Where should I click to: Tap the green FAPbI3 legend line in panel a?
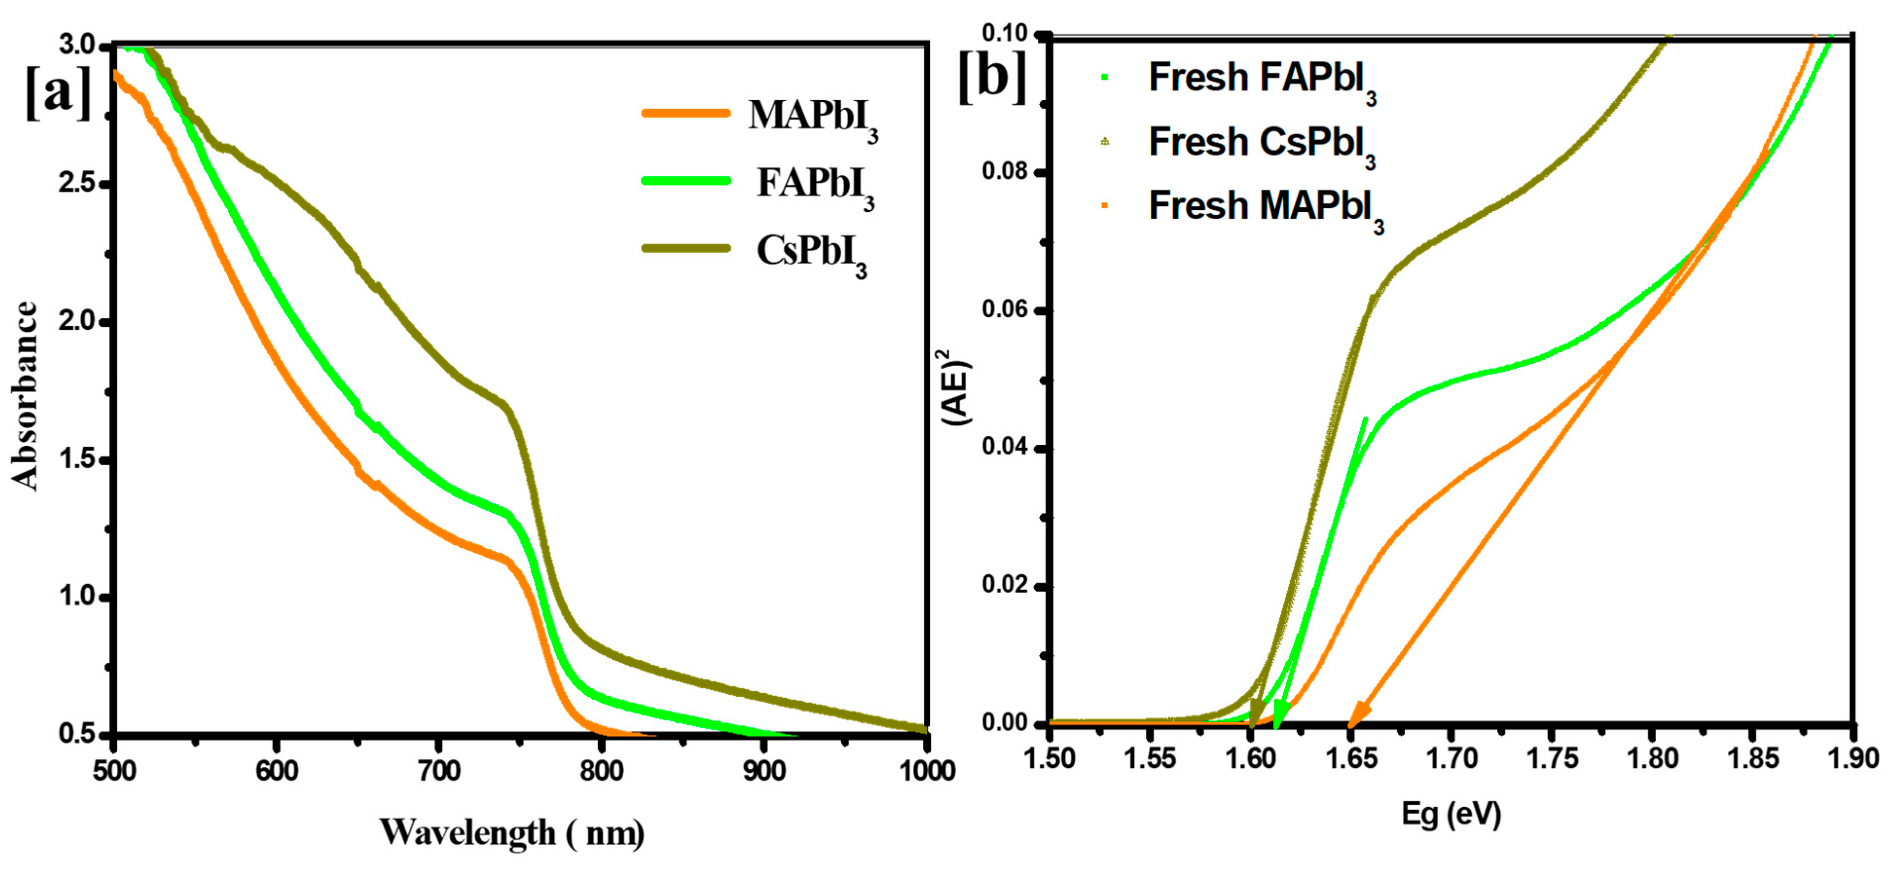coord(685,180)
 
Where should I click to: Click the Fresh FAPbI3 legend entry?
coord(1261,80)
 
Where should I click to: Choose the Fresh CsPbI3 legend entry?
coord(1261,144)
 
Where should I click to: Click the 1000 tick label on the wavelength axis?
coord(926,771)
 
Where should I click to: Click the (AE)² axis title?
coord(958,386)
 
